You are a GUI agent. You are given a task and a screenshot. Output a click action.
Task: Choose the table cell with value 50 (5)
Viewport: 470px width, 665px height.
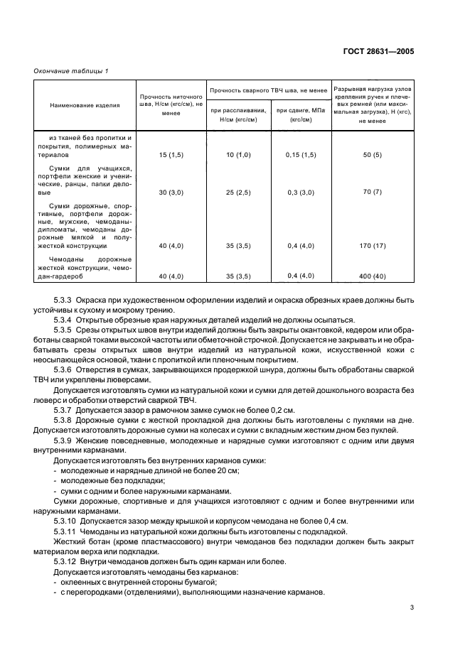tap(372, 153)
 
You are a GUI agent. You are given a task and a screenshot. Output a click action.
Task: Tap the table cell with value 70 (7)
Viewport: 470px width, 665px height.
tap(372, 192)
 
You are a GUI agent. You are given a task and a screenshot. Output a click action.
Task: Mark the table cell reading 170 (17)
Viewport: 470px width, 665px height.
tap(372, 246)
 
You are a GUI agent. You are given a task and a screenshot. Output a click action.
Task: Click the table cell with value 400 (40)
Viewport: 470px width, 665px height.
tap(372, 276)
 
